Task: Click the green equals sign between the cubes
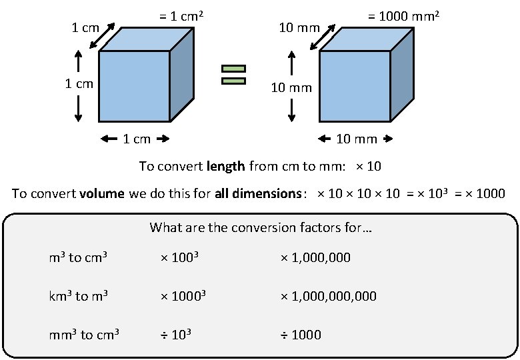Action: [x=233, y=75]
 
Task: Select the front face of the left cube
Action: [x=134, y=86]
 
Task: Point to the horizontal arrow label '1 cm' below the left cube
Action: [x=137, y=139]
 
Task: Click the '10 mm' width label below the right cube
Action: [x=356, y=139]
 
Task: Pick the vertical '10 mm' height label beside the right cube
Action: [x=291, y=87]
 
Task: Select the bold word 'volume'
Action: [x=101, y=194]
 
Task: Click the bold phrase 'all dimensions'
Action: [x=257, y=194]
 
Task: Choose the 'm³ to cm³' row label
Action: [x=78, y=257]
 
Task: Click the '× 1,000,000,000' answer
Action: [x=328, y=295]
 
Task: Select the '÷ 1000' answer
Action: [x=300, y=334]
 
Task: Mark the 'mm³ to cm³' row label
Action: [x=84, y=334]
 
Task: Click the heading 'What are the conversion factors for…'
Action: [x=261, y=227]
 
